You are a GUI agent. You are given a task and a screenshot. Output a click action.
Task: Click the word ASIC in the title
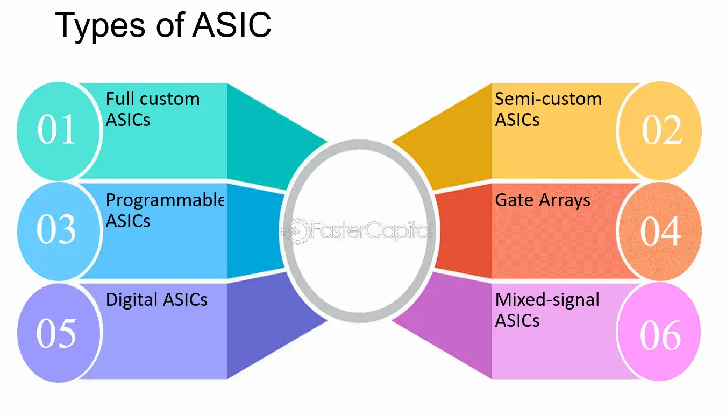(x=232, y=25)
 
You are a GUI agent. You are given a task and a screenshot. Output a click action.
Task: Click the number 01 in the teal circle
(x=56, y=129)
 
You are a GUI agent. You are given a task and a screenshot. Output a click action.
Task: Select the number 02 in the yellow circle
(x=662, y=130)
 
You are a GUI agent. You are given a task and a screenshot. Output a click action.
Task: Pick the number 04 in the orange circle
(x=660, y=231)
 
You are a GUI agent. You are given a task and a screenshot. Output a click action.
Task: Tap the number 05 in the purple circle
(x=56, y=333)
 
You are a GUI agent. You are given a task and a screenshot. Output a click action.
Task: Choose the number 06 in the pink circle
(x=660, y=335)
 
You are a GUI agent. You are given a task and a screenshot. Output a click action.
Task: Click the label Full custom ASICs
(x=153, y=109)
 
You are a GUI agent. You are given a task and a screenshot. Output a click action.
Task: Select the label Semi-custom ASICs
(x=548, y=109)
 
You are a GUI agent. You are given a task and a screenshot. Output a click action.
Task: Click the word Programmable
(x=165, y=200)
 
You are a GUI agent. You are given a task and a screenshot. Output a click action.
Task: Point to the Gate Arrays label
(x=543, y=200)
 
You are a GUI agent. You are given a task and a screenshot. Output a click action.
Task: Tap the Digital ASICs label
(x=156, y=299)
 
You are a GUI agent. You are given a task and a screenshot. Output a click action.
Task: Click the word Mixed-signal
(x=547, y=300)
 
